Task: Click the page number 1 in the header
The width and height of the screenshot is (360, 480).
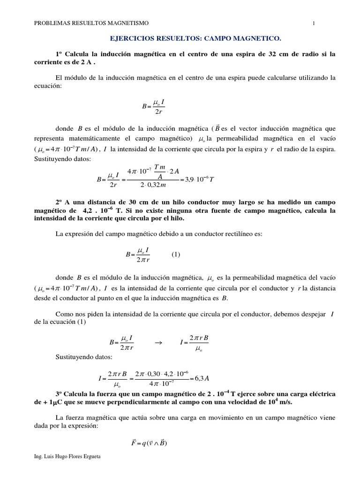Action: click(313, 22)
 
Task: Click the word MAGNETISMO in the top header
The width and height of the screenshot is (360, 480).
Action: click(129, 22)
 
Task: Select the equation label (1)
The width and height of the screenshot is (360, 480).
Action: click(175, 255)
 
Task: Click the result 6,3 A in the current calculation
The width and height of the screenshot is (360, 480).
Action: click(201, 378)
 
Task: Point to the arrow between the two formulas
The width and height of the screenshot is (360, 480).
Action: click(157, 343)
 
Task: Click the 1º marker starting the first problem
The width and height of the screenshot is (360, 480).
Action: click(60, 54)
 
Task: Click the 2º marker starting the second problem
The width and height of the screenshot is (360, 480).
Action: click(60, 202)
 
